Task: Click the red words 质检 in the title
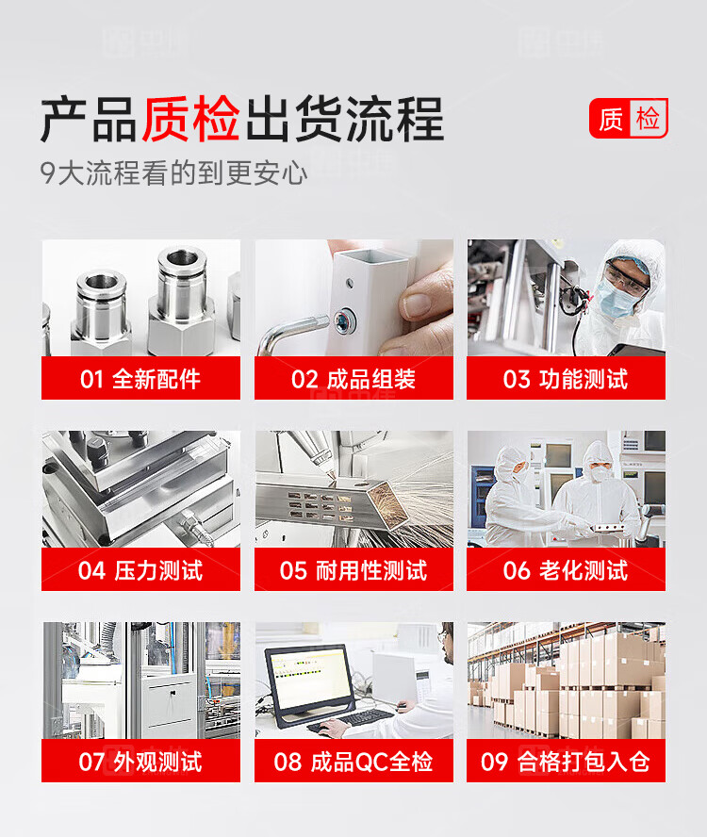click(x=190, y=119)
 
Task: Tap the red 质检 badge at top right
click(x=629, y=118)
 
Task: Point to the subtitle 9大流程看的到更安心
click(x=174, y=173)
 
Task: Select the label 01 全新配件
click(x=140, y=380)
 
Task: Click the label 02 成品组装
click(x=353, y=380)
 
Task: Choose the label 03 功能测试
click(x=566, y=380)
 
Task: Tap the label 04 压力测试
click(x=140, y=570)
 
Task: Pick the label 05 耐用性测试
click(x=353, y=570)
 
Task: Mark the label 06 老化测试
click(x=566, y=570)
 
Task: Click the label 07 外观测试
click(x=140, y=762)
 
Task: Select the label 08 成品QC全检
click(x=353, y=762)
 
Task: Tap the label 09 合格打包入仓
click(x=566, y=762)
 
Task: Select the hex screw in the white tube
click(x=341, y=321)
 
